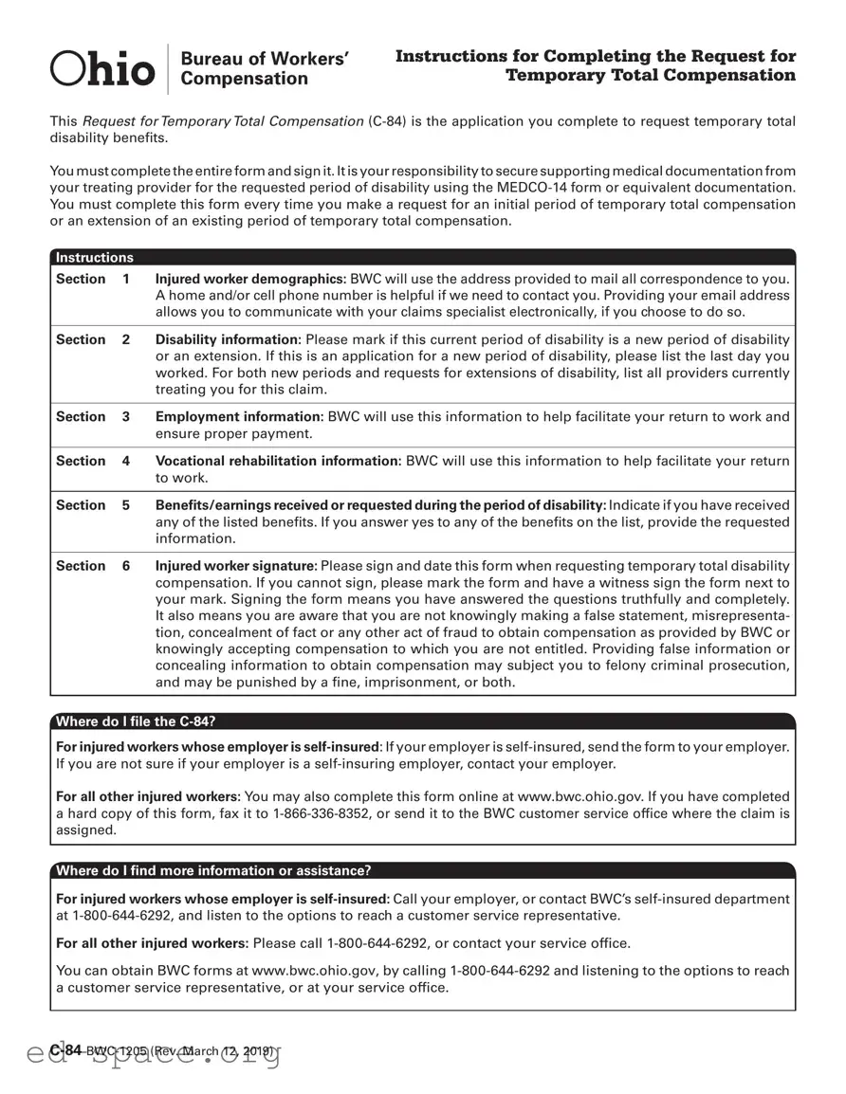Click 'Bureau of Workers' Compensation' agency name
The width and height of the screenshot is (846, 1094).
pos(264,68)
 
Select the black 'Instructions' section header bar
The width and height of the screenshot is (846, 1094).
pos(422,257)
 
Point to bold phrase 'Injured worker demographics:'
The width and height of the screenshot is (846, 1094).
pos(250,279)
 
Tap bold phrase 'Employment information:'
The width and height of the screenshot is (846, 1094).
pos(239,416)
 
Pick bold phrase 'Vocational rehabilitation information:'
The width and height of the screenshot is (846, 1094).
pos(278,461)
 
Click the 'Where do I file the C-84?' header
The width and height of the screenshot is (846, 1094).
pos(141,721)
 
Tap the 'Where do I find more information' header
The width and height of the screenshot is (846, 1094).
pos(213,870)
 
